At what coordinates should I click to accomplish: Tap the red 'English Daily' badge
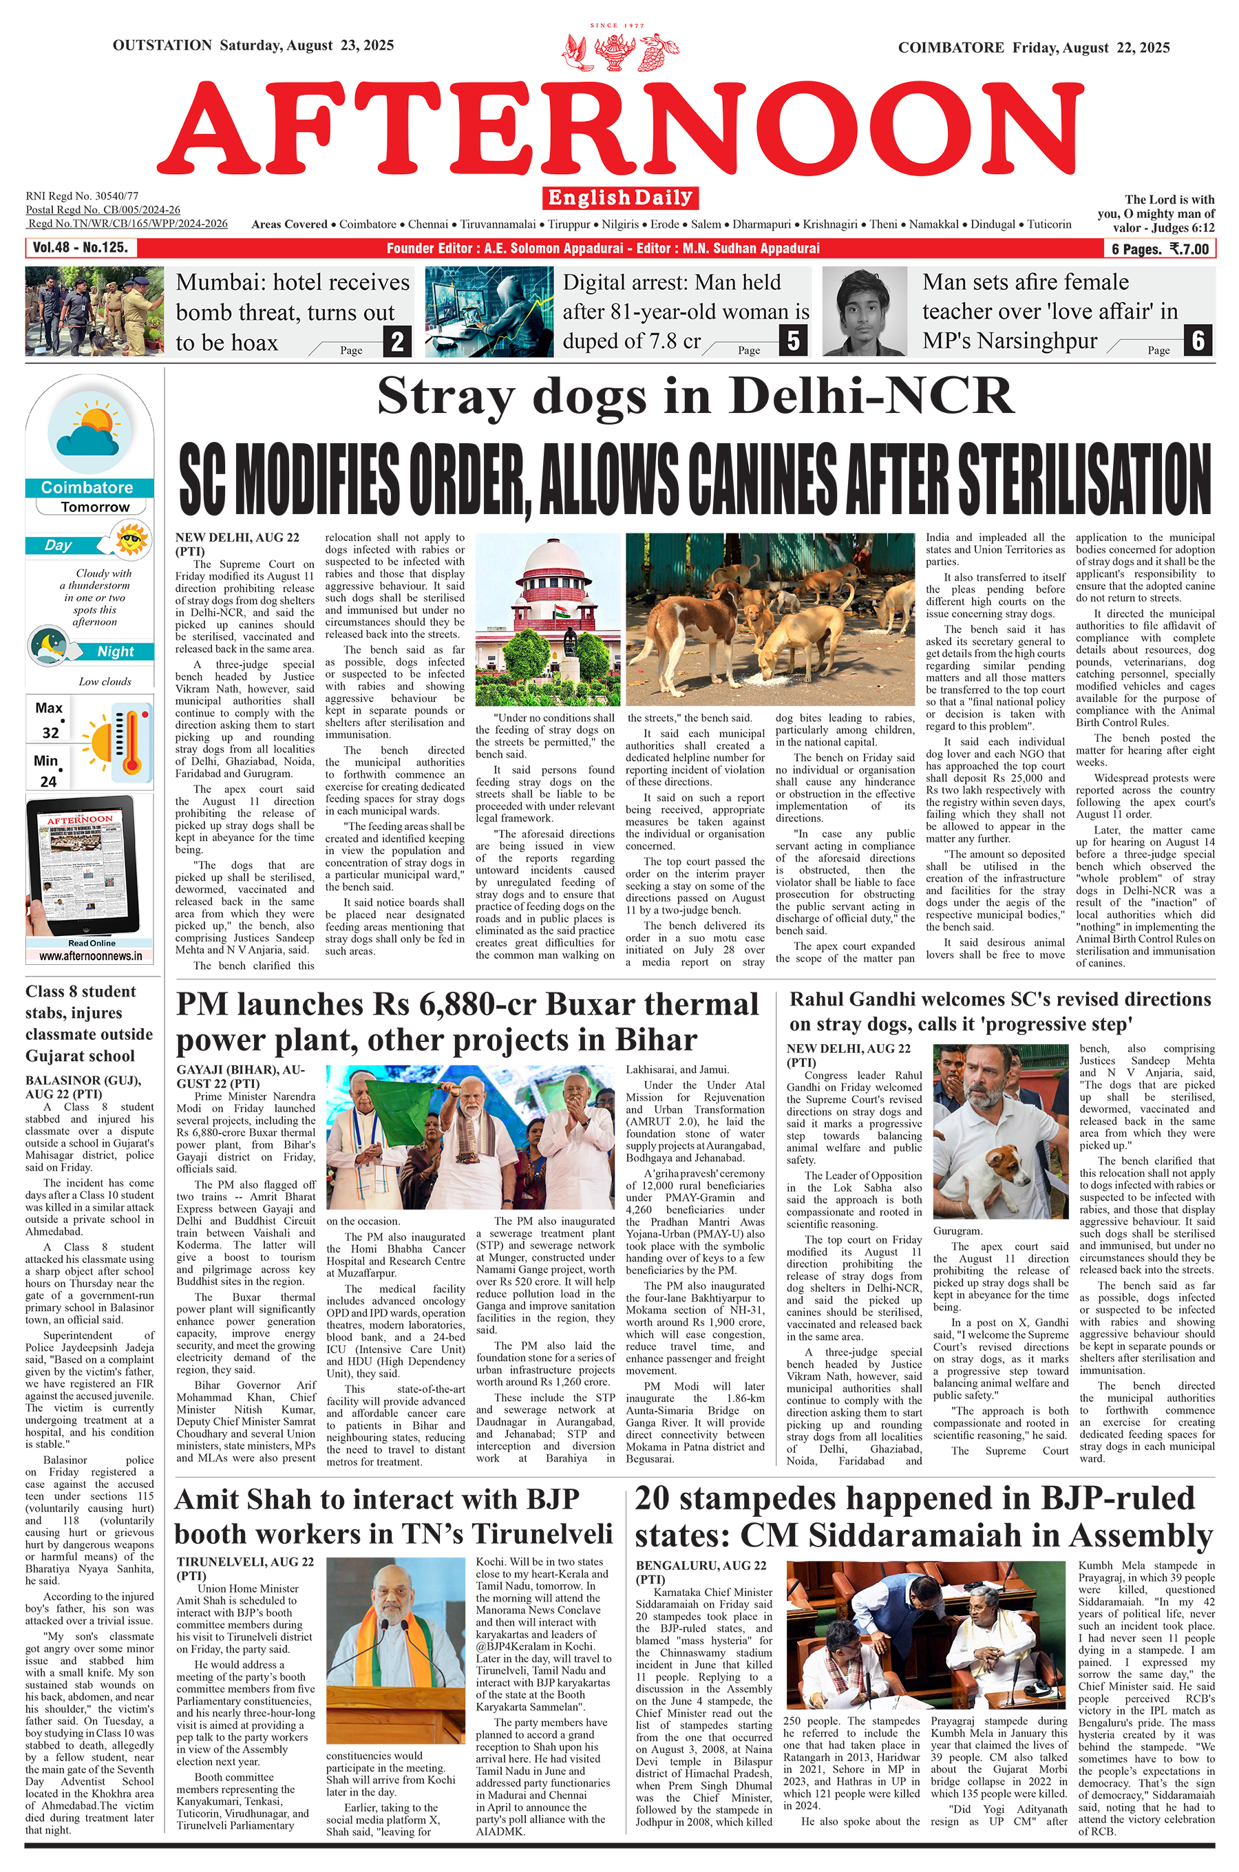click(x=620, y=198)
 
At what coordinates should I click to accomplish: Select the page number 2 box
click(x=397, y=341)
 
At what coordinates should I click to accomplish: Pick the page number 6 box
click(x=1198, y=341)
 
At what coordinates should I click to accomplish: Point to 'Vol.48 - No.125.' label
click(x=80, y=248)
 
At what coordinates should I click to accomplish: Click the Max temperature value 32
click(x=50, y=732)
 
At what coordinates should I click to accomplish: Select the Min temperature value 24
click(x=49, y=781)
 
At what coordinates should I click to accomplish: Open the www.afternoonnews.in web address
click(x=91, y=956)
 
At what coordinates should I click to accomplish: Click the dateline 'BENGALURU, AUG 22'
click(x=700, y=1566)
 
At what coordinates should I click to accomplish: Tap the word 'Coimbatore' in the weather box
click(x=87, y=487)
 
